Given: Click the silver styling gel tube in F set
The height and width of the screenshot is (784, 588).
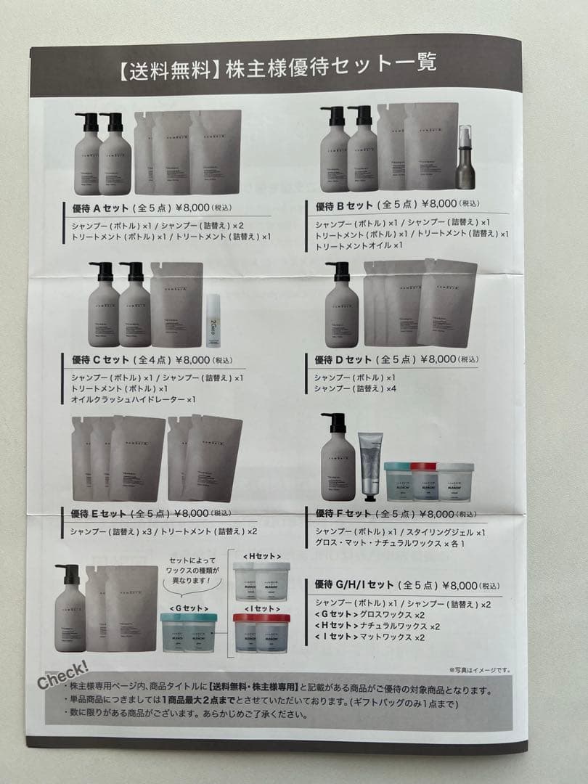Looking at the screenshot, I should (x=370, y=467).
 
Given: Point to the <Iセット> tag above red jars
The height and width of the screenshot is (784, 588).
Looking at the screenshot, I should (x=259, y=608).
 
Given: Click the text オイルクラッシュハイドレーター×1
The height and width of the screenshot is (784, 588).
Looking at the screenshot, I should (x=134, y=399).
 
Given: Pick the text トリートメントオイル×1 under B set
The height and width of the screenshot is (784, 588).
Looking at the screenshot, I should (x=359, y=245).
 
